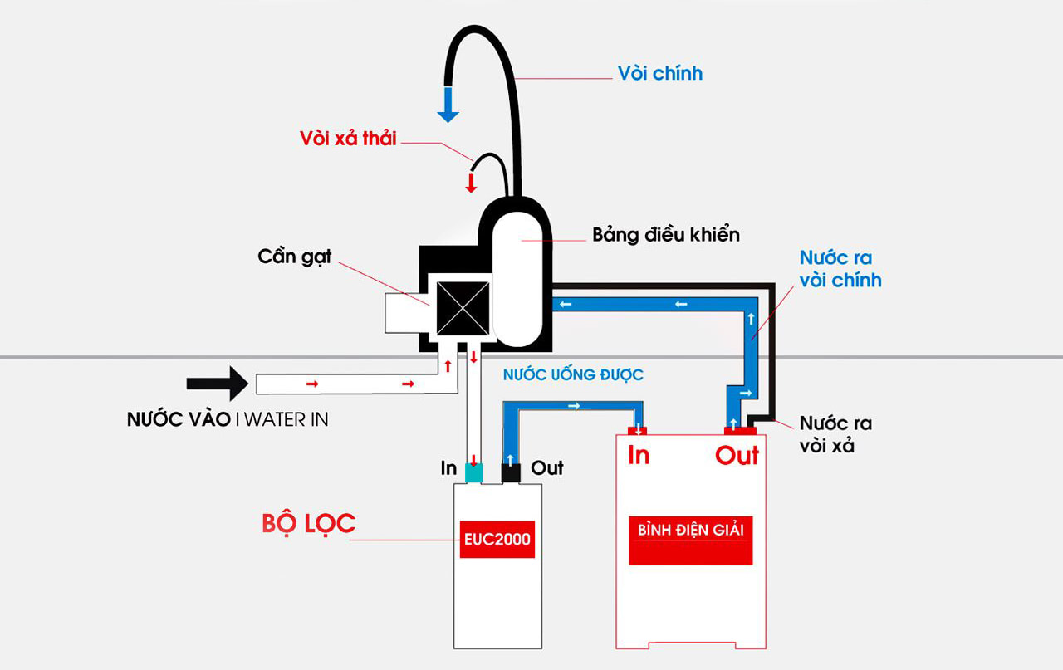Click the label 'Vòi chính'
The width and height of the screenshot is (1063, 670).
(660, 73)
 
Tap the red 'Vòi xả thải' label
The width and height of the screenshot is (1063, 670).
(348, 138)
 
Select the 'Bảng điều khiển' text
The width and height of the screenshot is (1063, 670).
(665, 234)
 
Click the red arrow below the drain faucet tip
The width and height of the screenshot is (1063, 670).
(471, 182)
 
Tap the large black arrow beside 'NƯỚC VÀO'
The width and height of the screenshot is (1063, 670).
(217, 384)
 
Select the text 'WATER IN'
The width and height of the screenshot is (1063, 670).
(286, 419)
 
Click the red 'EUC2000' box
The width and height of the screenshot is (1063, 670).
(497, 539)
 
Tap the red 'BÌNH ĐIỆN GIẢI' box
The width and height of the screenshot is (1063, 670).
(690, 540)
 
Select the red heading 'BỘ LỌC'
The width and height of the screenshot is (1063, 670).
(308, 523)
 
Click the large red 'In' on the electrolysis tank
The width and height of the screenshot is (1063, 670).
(639, 455)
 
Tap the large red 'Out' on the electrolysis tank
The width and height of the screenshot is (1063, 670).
(737, 455)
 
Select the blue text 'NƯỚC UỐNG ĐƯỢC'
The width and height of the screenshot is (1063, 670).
(573, 375)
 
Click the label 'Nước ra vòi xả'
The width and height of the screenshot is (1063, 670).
(835, 434)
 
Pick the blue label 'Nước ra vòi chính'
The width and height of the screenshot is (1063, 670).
(840, 268)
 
